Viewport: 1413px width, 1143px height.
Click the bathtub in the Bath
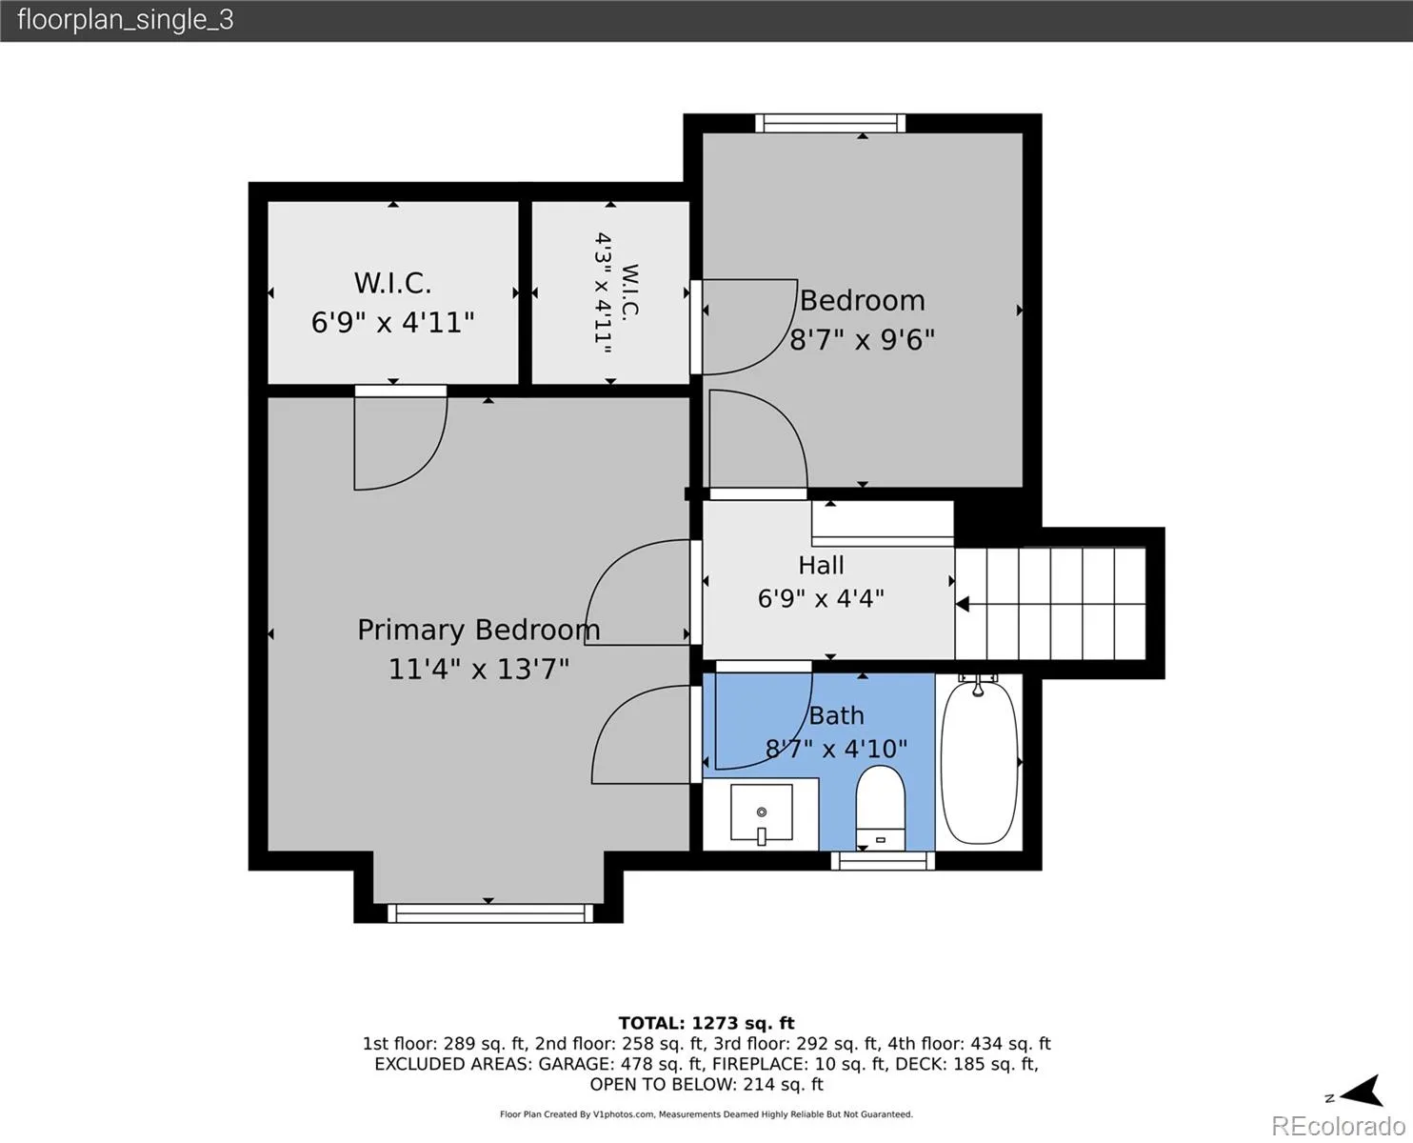[x=979, y=763]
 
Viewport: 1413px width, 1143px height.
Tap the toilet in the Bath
[x=881, y=808]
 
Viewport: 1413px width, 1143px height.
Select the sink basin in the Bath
[x=762, y=813]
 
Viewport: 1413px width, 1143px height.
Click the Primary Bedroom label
[x=479, y=630]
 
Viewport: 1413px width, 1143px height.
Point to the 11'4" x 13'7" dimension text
[x=479, y=669]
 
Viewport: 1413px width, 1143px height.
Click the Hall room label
[x=822, y=565]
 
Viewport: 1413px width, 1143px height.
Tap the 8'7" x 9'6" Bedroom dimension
[x=862, y=340]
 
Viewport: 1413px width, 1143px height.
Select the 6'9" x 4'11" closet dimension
[x=392, y=322]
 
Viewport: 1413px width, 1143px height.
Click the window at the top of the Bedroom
[x=830, y=123]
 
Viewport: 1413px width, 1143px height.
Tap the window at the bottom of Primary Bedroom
[x=490, y=913]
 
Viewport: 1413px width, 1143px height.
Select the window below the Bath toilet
[x=883, y=861]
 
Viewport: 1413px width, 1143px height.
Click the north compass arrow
[x=1363, y=1092]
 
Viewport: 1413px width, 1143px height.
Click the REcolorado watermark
[x=1338, y=1126]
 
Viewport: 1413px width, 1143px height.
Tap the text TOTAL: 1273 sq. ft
[x=706, y=1023]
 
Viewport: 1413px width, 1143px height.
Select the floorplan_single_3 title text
[x=126, y=20]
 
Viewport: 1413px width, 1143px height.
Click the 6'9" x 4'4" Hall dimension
[x=822, y=598]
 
